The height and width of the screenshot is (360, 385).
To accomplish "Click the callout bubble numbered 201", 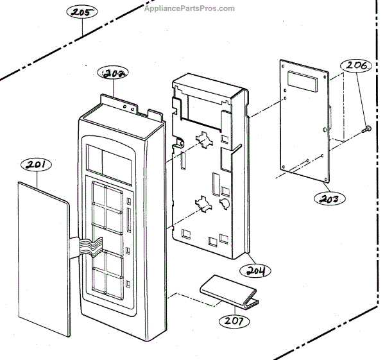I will coord(36,166).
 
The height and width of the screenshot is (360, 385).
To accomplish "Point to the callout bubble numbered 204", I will coord(257,270).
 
